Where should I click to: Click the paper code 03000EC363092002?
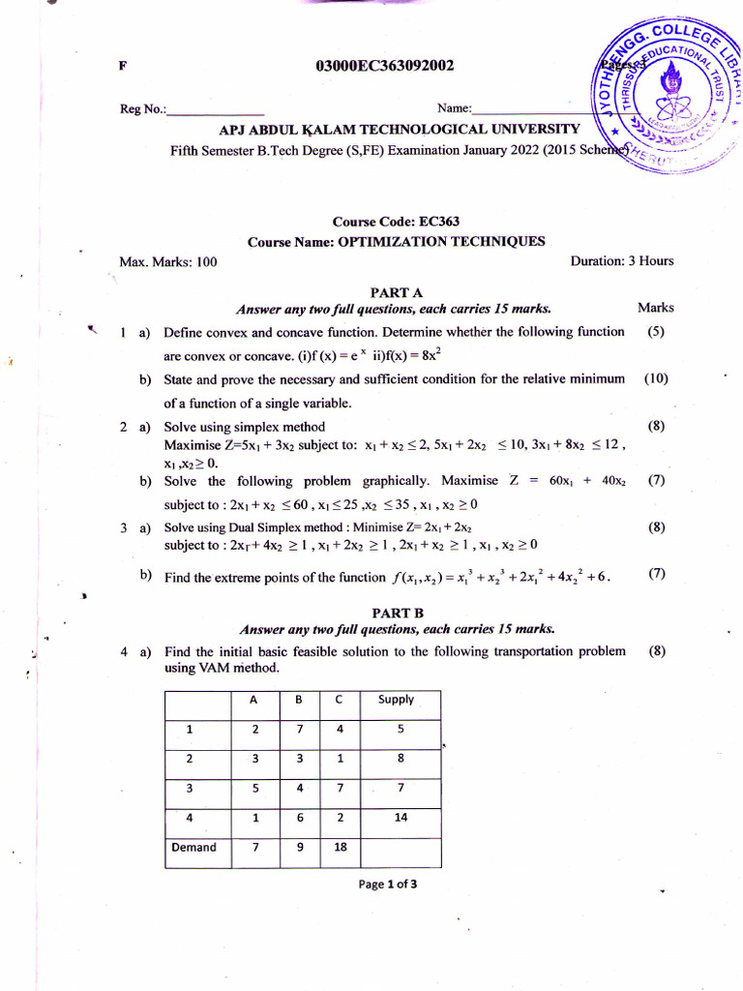[384, 66]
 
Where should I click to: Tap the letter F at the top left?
[123, 66]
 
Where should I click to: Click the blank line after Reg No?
[216, 109]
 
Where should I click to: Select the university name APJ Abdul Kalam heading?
[401, 129]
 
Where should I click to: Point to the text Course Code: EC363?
[396, 222]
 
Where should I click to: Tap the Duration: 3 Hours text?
[621, 261]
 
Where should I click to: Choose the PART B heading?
[397, 612]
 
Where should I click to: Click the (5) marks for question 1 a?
[656, 332]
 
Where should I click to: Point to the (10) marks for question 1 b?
[656, 379]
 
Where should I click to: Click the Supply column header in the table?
[396, 700]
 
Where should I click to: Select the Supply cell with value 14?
[401, 818]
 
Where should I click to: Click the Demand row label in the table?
[193, 848]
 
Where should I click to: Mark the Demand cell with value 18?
[339, 848]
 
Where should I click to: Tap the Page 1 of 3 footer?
[387, 884]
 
